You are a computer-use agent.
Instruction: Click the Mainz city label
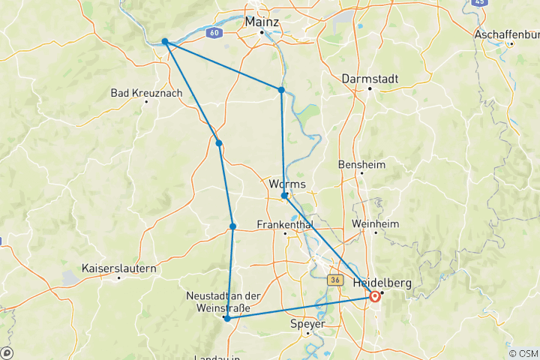[x=262, y=22]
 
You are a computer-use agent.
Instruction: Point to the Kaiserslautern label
[x=118, y=268]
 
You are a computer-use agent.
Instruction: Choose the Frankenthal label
[x=284, y=224]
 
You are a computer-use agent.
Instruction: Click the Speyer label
[x=307, y=324]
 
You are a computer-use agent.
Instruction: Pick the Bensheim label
[x=361, y=163]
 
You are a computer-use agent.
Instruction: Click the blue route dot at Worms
[x=284, y=196]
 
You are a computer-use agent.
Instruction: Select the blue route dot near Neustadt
[x=226, y=319]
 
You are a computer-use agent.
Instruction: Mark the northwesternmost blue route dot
[x=165, y=42]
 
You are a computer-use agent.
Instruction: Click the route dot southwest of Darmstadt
[x=281, y=90]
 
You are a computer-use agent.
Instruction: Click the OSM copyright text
[x=523, y=353]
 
